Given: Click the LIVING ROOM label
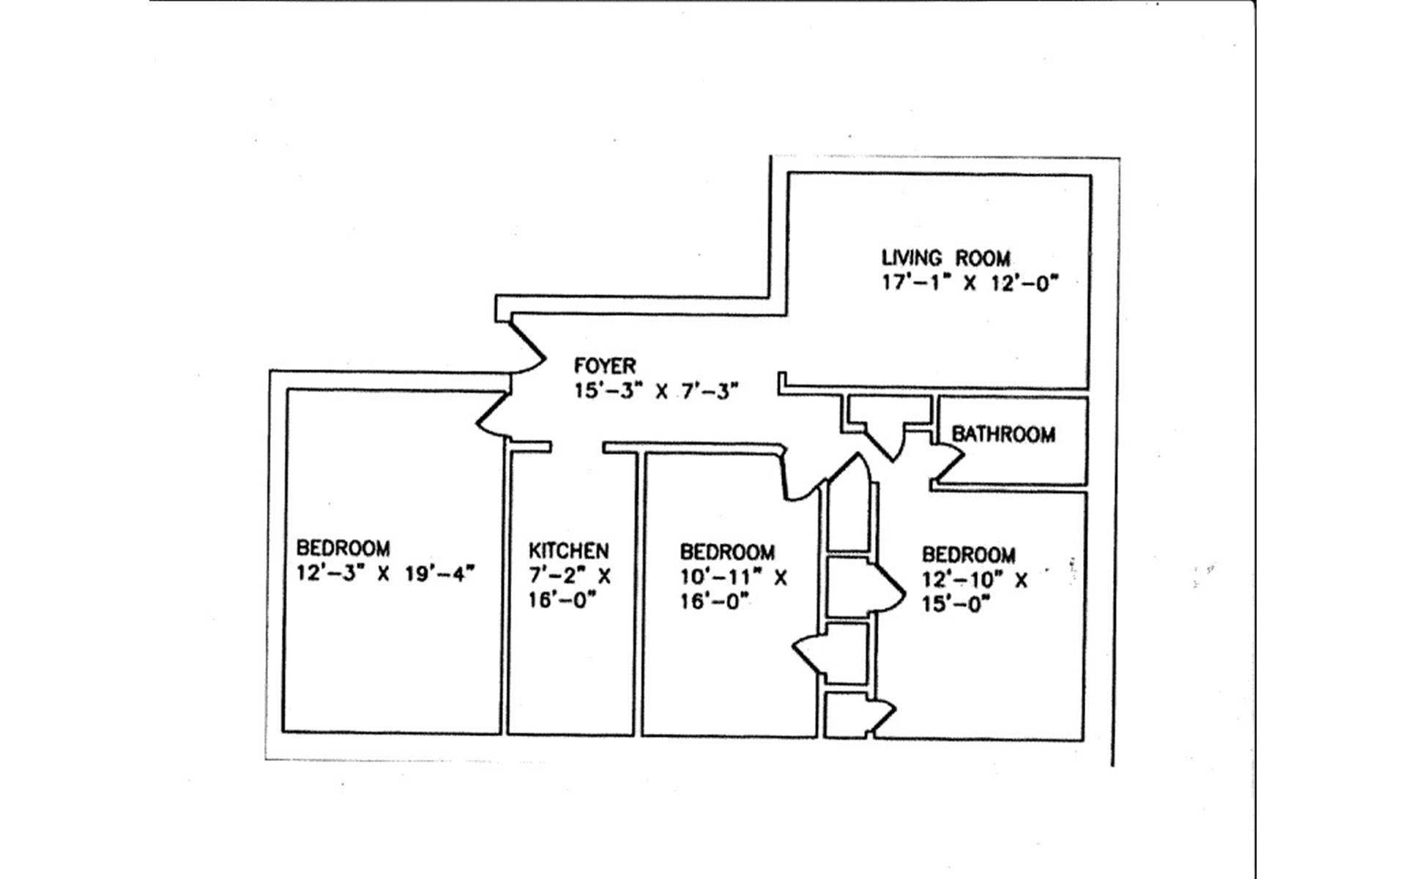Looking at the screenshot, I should pyautogui.click(x=945, y=258).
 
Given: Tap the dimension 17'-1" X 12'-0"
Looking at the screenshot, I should pyautogui.click(x=970, y=283).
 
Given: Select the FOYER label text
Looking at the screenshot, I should pyautogui.click(x=604, y=366).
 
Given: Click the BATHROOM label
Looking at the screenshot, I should pyautogui.click(x=1003, y=434).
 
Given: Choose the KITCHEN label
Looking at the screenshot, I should pyautogui.click(x=568, y=550).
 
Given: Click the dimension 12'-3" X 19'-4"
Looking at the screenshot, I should pyautogui.click(x=386, y=573).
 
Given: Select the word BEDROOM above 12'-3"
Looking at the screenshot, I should pyautogui.click(x=343, y=548).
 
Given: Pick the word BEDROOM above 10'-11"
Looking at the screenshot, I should pyautogui.click(x=727, y=552).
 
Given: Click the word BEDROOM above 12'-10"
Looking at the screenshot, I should pyautogui.click(x=968, y=555).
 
